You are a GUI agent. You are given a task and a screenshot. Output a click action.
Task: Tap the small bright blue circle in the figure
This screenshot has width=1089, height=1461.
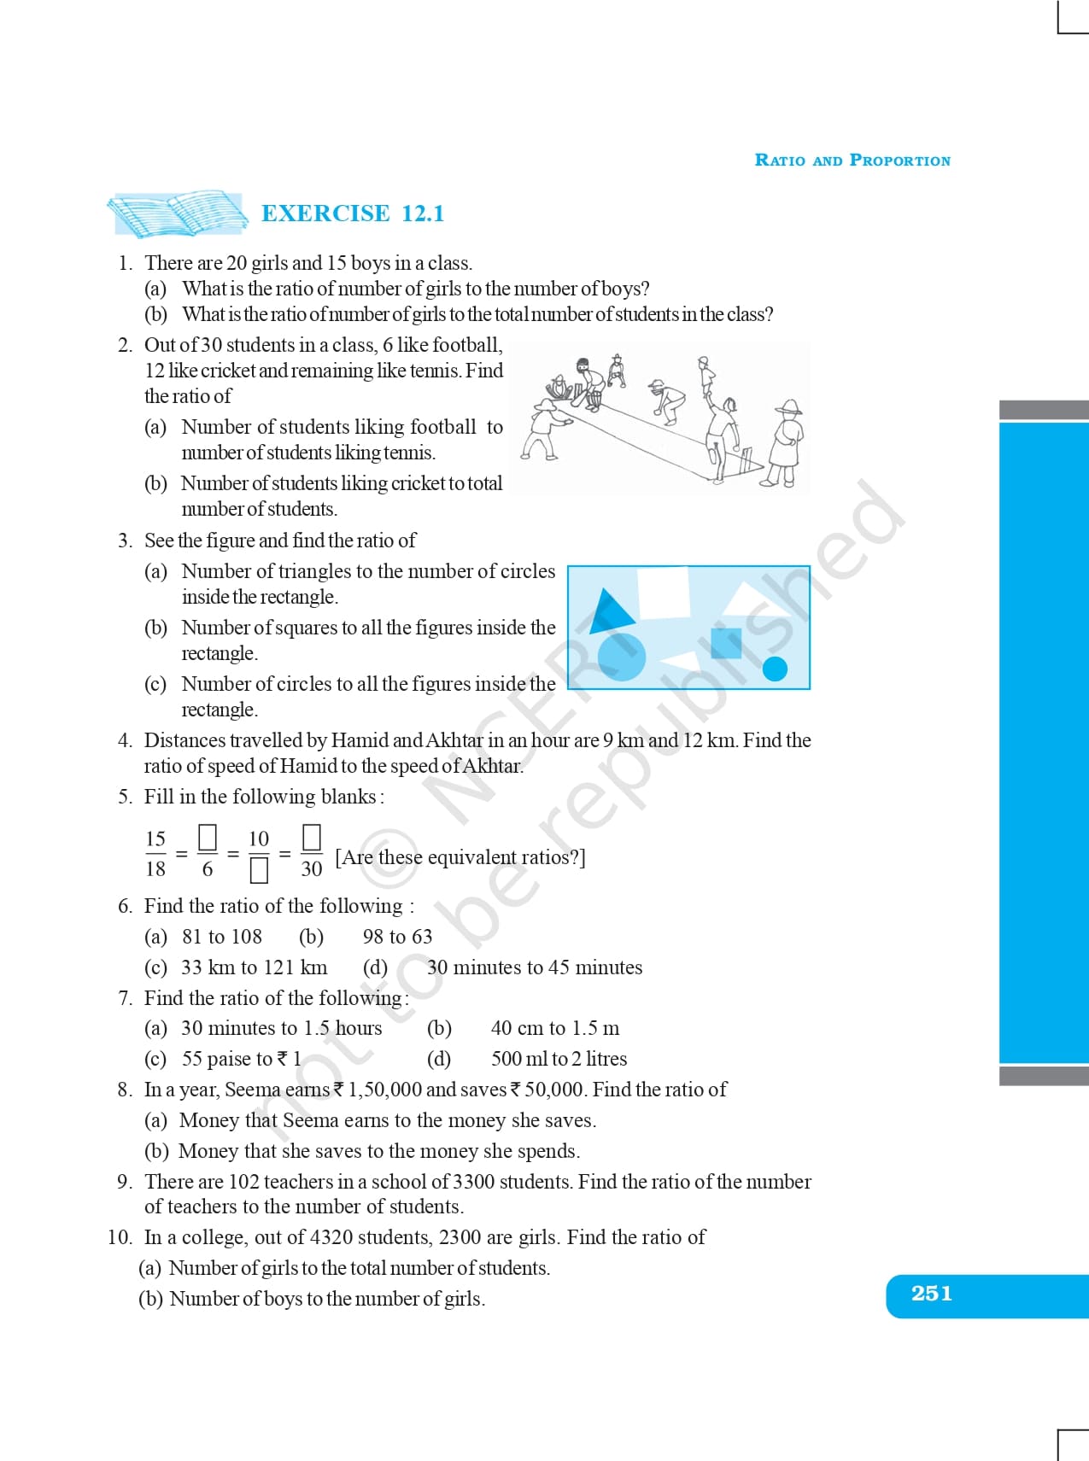click(x=775, y=669)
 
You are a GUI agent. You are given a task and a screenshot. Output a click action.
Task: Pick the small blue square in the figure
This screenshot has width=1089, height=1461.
click(x=726, y=643)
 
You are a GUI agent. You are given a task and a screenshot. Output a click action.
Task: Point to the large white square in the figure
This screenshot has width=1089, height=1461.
click(x=664, y=591)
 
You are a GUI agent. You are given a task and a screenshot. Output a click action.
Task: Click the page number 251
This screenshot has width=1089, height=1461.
click(x=931, y=1294)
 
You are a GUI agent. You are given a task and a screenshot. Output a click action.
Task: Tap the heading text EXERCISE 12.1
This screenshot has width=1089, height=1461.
click(x=353, y=213)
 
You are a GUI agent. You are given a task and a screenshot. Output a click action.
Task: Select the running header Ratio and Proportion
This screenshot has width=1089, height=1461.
click(x=852, y=161)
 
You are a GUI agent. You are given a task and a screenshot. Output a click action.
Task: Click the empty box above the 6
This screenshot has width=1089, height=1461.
click(x=207, y=836)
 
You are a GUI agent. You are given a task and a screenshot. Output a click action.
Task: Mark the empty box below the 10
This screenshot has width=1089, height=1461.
click(x=259, y=870)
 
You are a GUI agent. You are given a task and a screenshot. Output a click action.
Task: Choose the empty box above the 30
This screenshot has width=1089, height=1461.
click(x=312, y=836)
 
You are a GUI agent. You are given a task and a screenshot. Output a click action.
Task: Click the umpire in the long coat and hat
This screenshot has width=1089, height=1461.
click(x=785, y=442)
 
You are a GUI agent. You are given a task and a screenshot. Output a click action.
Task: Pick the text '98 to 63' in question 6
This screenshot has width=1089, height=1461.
click(x=397, y=937)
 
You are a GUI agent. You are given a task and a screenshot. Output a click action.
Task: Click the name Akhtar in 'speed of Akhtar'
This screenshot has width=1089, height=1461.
click(x=491, y=766)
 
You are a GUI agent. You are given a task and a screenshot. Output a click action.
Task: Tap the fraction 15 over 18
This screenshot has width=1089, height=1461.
click(x=155, y=853)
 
